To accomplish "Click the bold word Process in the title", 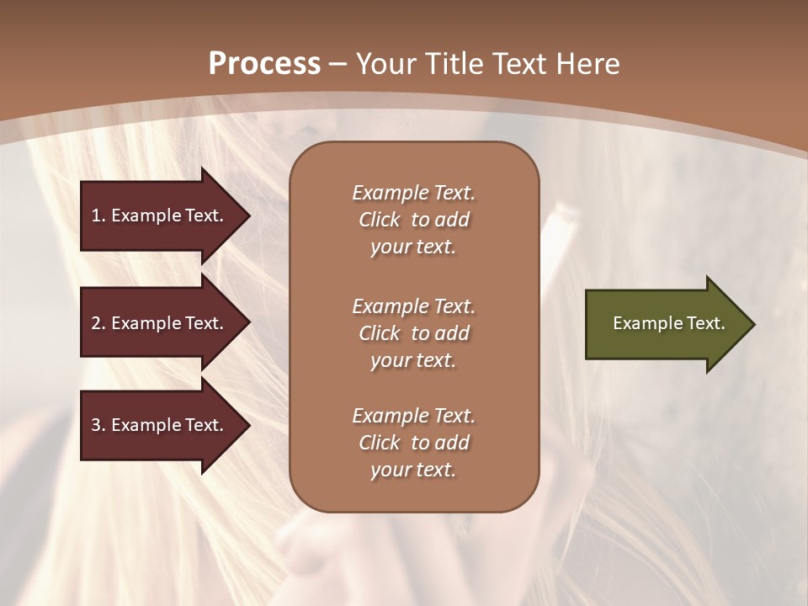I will (x=264, y=64).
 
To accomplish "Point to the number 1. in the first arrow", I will (x=98, y=215).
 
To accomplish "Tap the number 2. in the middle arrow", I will (x=98, y=323).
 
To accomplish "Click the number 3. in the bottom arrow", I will (x=98, y=425).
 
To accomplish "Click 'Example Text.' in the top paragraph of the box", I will (x=413, y=193).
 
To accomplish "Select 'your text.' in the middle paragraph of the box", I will (x=413, y=360).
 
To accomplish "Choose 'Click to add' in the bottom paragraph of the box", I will (x=413, y=443).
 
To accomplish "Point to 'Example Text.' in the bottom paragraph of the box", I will (x=413, y=416).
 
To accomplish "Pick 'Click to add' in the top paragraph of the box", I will (x=413, y=220).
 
